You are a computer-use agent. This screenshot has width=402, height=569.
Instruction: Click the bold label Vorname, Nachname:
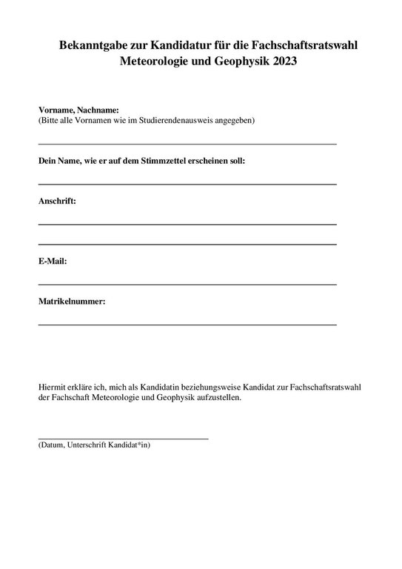click(x=78, y=110)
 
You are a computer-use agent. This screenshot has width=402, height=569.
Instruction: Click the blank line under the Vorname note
click(x=187, y=143)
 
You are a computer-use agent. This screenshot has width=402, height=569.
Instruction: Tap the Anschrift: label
click(x=57, y=200)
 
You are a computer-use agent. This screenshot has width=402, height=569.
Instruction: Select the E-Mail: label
click(x=53, y=261)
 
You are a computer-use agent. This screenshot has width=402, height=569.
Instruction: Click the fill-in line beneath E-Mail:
click(x=187, y=284)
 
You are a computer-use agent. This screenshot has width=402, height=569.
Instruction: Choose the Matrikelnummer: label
click(x=72, y=301)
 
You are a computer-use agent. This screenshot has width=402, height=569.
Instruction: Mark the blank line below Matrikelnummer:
click(x=187, y=325)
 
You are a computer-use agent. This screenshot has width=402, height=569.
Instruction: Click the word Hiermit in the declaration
click(x=53, y=386)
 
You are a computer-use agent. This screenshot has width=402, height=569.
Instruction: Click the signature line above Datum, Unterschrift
click(x=123, y=439)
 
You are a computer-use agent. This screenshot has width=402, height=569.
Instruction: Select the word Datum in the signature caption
click(x=53, y=445)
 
